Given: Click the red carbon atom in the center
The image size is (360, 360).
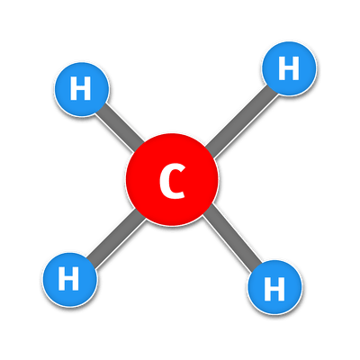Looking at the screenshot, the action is point(172,179).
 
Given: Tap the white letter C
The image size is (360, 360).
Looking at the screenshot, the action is point(172,182).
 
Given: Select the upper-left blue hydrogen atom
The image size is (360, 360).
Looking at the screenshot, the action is point(81,89).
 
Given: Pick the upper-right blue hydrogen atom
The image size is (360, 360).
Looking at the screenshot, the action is point(289,68).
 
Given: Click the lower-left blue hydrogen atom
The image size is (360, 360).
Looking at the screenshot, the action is point(69,280).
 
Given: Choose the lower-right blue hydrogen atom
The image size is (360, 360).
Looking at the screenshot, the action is point(274,287).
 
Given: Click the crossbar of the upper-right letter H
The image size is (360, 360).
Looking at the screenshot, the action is point(289,68).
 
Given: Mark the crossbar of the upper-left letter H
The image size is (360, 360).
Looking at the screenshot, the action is point(81,88).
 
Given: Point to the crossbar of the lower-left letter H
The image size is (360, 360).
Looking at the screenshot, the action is point(68,279).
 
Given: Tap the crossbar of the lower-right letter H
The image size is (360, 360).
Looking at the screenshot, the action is point(274,289).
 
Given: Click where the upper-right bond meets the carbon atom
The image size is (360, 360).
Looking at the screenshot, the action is point(209,152).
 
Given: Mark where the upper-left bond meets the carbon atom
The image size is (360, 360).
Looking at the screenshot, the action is point(139,147).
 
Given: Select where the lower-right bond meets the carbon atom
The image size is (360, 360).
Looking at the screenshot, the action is point(207,211).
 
